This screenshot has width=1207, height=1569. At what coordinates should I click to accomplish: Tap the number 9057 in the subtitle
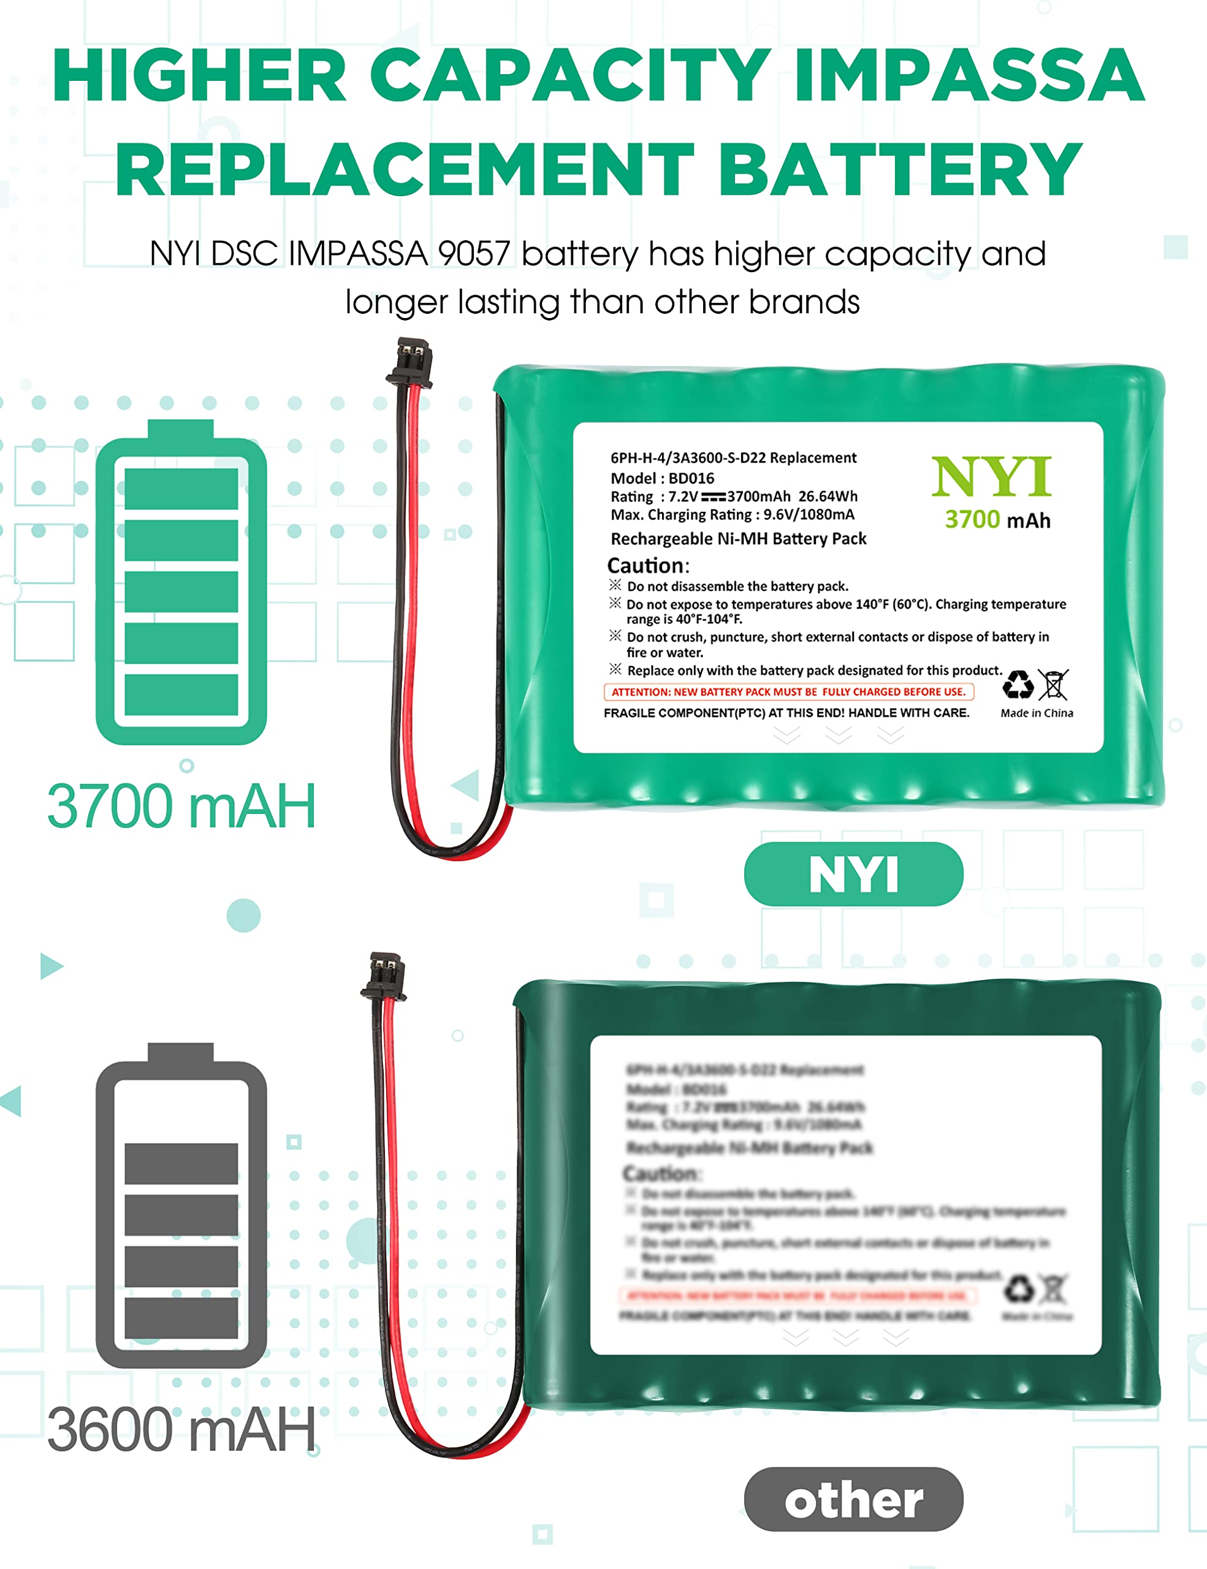tap(474, 254)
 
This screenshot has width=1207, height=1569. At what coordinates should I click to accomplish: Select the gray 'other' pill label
tap(853, 1499)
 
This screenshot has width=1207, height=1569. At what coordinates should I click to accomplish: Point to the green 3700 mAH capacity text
tap(181, 806)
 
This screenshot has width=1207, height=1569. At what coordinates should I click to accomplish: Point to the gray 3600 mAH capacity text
tap(181, 1430)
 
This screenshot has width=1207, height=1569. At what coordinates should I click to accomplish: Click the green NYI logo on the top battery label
tap(991, 477)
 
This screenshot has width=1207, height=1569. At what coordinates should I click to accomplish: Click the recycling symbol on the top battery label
tap(1018, 685)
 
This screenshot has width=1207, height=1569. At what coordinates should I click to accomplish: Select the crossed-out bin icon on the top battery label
tap(1053, 685)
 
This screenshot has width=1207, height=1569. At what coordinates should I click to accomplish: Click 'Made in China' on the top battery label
tap(1037, 713)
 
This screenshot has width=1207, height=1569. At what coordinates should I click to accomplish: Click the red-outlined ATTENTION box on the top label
tap(789, 692)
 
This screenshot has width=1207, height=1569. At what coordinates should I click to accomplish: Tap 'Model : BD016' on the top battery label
tap(663, 479)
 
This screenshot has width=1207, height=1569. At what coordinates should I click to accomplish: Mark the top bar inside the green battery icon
tap(181, 489)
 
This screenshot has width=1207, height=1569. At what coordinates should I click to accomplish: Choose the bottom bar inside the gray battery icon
tap(181, 1318)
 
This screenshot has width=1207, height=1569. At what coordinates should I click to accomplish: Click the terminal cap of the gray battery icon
tap(181, 1052)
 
